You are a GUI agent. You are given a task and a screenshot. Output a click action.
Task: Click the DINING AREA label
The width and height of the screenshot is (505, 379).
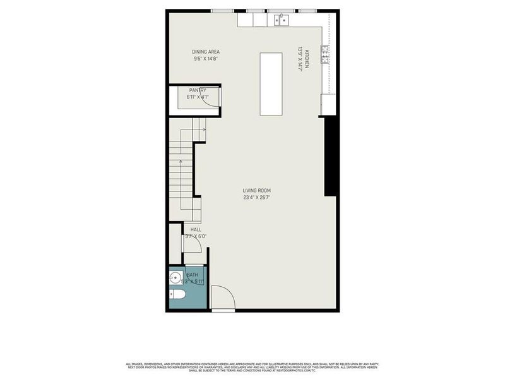pos(206,52)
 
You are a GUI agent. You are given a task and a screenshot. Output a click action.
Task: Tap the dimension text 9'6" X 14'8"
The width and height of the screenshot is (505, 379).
pos(206,59)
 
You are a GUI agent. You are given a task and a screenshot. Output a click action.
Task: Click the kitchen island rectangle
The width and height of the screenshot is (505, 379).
pos(271,84)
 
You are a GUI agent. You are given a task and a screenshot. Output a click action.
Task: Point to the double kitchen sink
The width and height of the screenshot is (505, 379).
pos(282,20)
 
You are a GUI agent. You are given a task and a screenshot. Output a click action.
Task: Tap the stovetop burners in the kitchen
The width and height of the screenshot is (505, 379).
pos(324,55)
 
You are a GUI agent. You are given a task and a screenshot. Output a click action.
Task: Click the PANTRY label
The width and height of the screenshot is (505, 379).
pos(198,90)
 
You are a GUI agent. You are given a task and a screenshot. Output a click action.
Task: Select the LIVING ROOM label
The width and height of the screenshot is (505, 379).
pos(256,191)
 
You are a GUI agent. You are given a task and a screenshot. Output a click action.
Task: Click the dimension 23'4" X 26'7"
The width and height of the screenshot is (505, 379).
pos(256,198)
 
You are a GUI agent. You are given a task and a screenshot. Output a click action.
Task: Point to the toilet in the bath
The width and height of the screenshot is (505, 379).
pos(177,294)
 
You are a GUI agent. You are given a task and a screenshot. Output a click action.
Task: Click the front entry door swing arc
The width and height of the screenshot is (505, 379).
pos(222,297)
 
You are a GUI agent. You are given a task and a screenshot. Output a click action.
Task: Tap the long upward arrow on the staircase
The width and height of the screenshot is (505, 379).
pos(181,183)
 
